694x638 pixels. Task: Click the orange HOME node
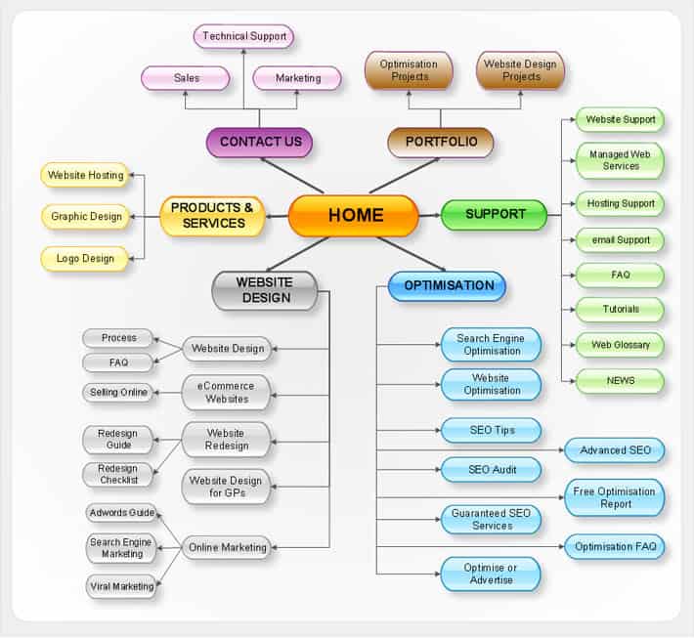point(354,216)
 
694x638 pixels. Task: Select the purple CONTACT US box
point(260,143)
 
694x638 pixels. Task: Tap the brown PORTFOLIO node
point(441,143)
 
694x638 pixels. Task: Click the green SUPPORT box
point(495,214)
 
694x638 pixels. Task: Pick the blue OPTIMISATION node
point(448,286)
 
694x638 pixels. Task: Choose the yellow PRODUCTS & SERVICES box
point(212,216)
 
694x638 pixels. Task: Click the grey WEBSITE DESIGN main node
point(265,290)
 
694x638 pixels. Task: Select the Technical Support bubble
point(244,37)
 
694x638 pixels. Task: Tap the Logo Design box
point(84,259)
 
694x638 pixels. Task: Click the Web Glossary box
point(620,345)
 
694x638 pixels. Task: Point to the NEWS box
point(620,381)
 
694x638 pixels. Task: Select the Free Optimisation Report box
point(615,497)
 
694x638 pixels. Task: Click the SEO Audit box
point(491,470)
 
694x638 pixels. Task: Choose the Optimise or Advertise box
point(491,574)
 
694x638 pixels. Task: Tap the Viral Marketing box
point(121,586)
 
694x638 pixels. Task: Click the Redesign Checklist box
point(118,474)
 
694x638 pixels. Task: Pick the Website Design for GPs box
point(227,486)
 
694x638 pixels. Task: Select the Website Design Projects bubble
point(521,70)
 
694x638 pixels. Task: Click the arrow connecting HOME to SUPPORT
point(430,215)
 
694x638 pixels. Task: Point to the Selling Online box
point(119,393)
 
